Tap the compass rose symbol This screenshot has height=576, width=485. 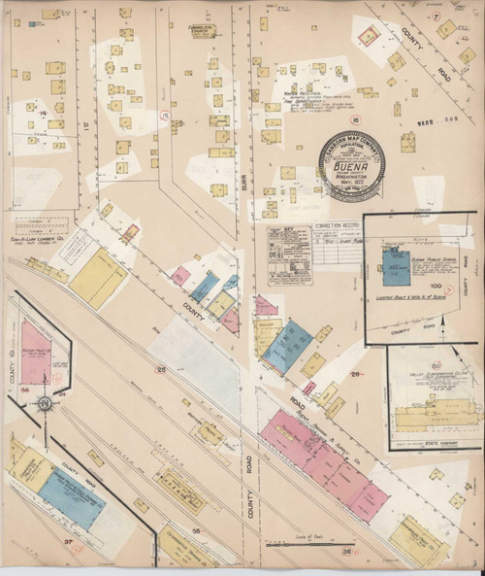click(x=44, y=402)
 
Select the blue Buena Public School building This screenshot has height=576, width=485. click(x=395, y=261)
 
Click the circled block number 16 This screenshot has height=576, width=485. click(x=329, y=119)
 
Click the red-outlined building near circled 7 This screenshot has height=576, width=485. click(x=368, y=36)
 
